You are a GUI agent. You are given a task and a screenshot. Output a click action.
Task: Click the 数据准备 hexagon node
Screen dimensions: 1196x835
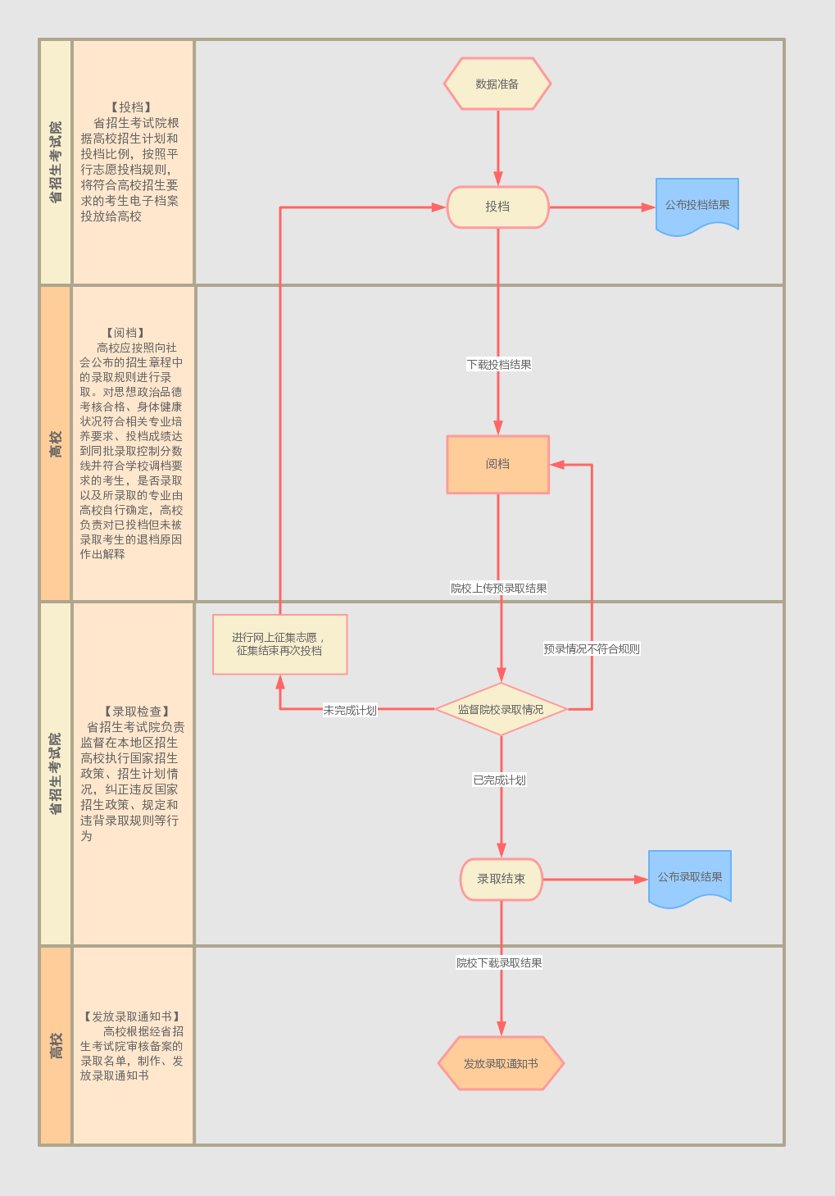497,84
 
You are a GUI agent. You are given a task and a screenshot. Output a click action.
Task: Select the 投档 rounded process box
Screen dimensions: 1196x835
497,207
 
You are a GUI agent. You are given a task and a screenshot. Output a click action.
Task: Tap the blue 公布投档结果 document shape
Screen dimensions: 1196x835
697,205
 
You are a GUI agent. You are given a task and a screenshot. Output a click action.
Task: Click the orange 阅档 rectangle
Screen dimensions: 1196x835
497,464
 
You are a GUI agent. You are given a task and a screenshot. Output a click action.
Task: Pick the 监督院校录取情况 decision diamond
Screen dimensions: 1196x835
501,709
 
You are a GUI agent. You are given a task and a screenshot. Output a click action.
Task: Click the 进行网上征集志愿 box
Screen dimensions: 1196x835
279,644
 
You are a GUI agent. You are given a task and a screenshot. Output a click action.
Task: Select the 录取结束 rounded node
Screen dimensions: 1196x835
501,879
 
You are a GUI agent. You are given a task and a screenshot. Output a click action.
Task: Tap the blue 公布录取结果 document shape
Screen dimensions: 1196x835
690,877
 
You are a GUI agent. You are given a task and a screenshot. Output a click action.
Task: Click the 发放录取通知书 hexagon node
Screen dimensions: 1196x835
501,1063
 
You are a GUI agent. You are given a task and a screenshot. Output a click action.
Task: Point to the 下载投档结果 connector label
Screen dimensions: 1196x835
499,365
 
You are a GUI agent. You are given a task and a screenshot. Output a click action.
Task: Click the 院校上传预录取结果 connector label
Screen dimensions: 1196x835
499,589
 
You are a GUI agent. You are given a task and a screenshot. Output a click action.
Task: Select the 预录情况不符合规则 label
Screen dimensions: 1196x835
592,649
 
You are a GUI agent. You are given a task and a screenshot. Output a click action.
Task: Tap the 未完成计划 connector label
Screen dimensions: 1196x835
350,710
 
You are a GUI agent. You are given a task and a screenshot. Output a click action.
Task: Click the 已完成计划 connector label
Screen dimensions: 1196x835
500,780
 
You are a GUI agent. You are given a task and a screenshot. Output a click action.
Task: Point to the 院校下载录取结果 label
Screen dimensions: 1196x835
500,963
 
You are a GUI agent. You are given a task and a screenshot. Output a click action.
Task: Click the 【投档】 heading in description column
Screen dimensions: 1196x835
131,107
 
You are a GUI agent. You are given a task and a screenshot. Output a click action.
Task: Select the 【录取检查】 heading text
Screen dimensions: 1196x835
137,712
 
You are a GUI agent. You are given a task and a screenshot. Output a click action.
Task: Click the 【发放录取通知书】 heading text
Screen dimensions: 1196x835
131,1016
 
